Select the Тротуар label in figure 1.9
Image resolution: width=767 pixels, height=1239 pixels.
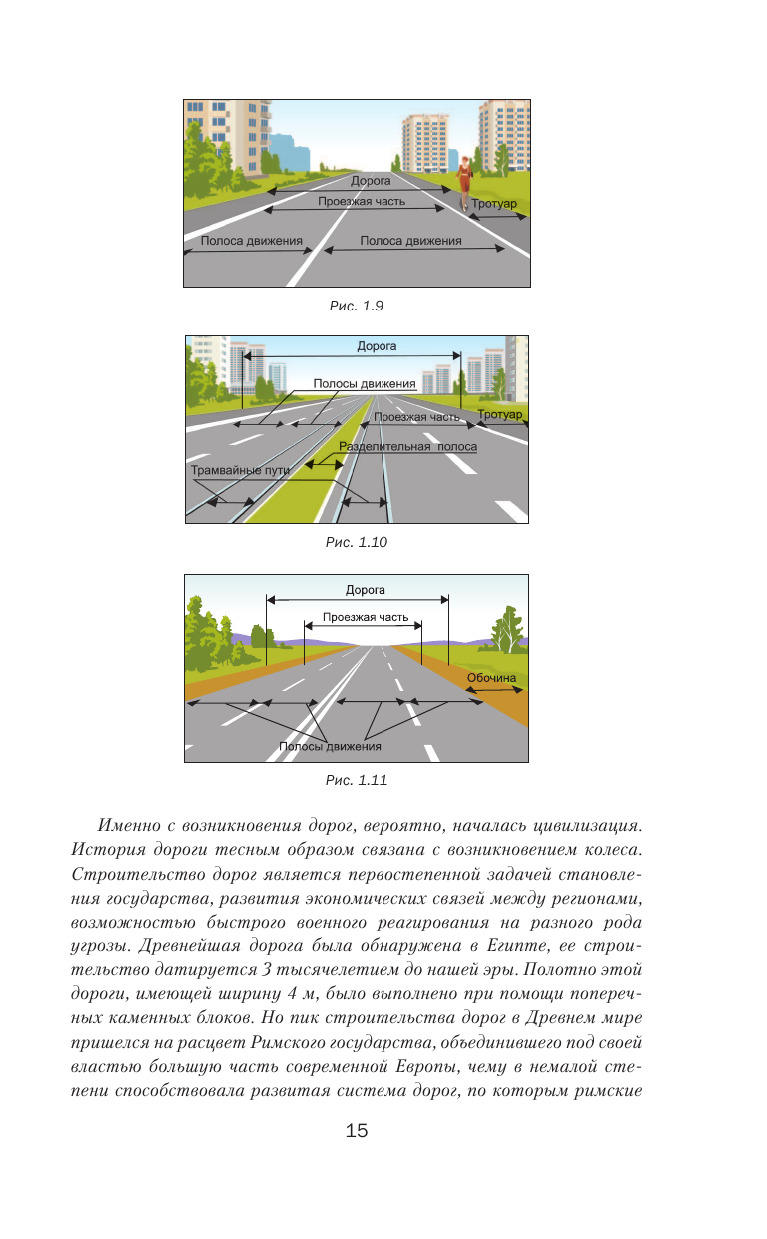pos(496,205)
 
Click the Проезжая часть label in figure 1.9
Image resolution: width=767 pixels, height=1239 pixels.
pos(362,201)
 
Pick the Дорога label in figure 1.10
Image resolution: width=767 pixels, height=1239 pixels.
pos(377,347)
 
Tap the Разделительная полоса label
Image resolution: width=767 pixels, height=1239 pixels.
pos(407,447)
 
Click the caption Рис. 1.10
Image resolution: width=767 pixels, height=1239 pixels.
pos(357,542)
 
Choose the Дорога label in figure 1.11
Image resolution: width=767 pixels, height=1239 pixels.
pos(358,590)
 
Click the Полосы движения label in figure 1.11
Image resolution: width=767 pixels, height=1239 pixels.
pos(330,746)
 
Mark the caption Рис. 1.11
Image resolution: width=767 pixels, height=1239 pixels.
pos(357,780)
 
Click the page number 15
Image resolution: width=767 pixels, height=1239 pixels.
pos(357,1131)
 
